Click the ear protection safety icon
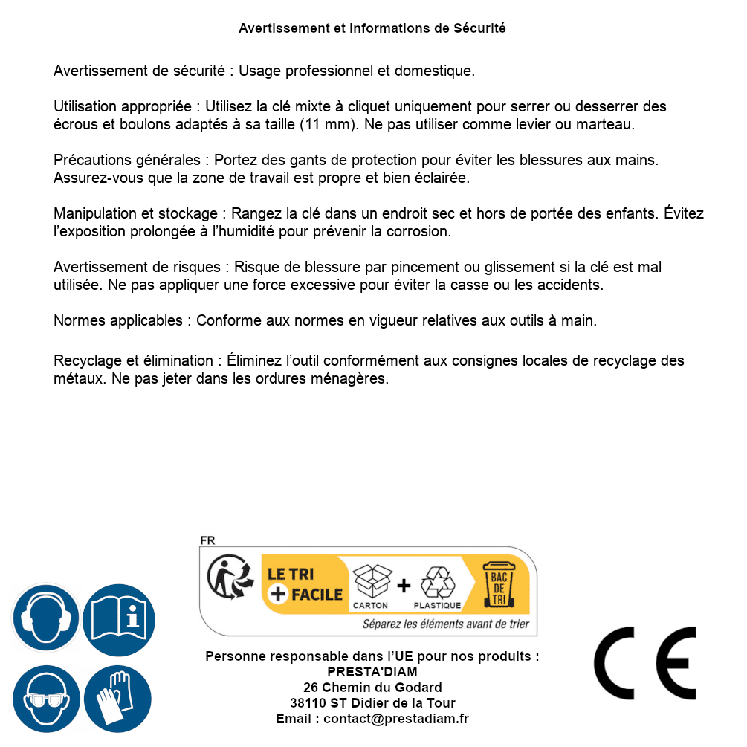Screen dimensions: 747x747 pyautogui.click(x=45, y=618)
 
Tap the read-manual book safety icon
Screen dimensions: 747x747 pyautogui.click(x=119, y=618)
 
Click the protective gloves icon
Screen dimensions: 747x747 pyautogui.click(x=117, y=699)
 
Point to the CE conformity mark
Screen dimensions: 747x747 pyautogui.click(x=645, y=664)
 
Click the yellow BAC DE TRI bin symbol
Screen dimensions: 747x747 pyautogui.click(x=497, y=586)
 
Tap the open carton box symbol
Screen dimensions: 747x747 pyautogui.click(x=371, y=582)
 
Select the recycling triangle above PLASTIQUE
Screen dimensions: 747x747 pyautogui.click(x=437, y=583)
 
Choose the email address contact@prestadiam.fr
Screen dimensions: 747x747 pyautogui.click(x=396, y=719)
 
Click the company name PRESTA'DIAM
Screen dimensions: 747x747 pyautogui.click(x=372, y=672)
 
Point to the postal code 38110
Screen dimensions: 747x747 pyautogui.click(x=308, y=703)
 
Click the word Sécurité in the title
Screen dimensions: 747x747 pyautogui.click(x=479, y=28)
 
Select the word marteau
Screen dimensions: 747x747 pyautogui.click(x=607, y=124)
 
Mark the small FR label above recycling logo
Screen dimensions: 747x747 pyautogui.click(x=207, y=541)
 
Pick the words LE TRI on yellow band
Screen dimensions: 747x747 pyautogui.click(x=290, y=575)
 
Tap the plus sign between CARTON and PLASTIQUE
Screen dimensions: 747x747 pyautogui.click(x=404, y=586)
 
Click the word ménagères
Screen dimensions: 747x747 pyautogui.click(x=352, y=378)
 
